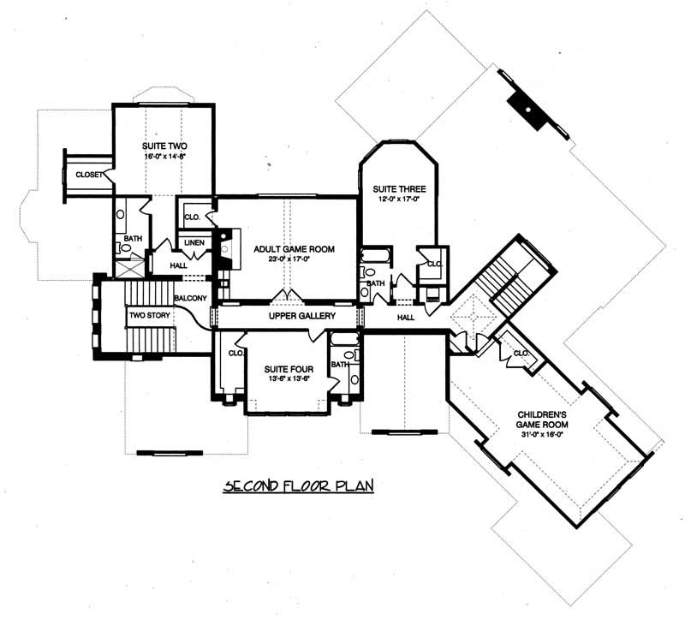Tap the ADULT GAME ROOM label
293,249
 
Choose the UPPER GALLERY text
301,316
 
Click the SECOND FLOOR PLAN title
299,486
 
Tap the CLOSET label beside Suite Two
90,175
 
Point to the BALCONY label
190,298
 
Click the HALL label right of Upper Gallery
406,317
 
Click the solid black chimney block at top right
525,110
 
